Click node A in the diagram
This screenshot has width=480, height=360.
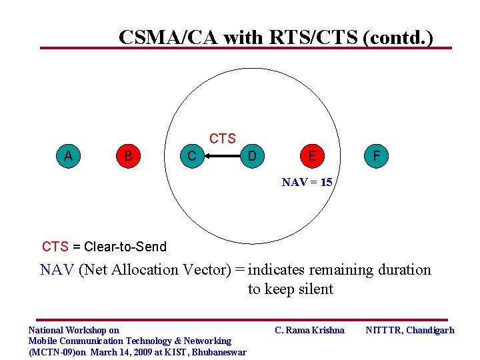[68, 156]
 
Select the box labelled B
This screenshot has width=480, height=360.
[129, 156]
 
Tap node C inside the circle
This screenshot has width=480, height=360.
[191, 157]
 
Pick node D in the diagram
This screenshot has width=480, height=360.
[251, 157]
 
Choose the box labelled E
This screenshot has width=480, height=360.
[312, 157]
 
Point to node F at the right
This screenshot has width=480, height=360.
[377, 157]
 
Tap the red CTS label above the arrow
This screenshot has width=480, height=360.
[222, 139]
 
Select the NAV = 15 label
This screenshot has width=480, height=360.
[307, 182]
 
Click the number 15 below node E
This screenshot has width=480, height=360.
[326, 182]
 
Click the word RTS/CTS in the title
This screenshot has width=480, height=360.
[314, 37]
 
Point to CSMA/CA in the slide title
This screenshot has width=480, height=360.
[169, 37]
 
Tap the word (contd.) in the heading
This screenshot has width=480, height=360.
[398, 37]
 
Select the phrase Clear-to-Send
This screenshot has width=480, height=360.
[125, 247]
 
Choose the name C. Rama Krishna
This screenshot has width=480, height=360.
[310, 330]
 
